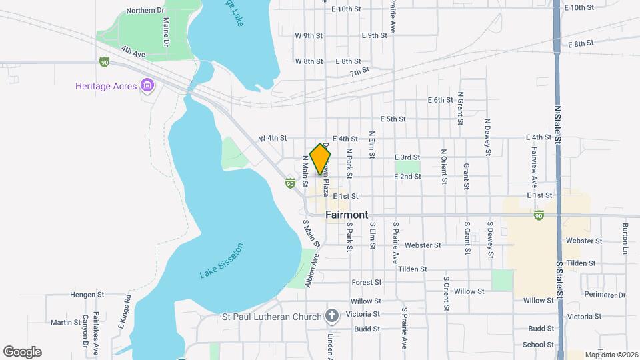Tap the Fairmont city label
[347, 215]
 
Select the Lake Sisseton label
[222, 261]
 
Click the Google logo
[22, 352]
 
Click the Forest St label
[366, 283]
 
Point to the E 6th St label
[440, 100]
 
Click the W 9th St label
[309, 35]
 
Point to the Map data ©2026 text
[611, 355]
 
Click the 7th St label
[360, 71]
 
